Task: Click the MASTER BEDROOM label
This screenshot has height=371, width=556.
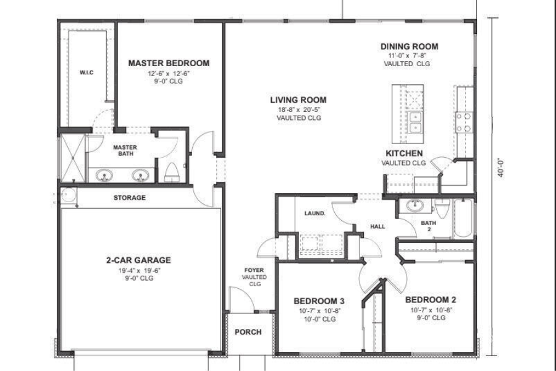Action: [169, 63]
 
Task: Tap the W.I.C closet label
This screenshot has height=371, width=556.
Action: [86, 73]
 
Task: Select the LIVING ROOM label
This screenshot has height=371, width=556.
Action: [298, 100]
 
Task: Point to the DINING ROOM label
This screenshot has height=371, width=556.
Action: [409, 46]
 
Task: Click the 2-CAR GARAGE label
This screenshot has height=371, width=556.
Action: [138, 260]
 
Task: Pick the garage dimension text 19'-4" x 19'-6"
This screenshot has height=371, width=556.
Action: [140, 270]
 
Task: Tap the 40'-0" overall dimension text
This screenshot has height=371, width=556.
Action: [500, 168]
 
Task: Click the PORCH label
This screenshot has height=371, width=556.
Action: [248, 332]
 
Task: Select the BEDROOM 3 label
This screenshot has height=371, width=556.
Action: [319, 301]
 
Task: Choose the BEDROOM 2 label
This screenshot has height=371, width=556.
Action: [431, 300]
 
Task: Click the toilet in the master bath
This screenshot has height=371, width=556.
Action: [172, 172]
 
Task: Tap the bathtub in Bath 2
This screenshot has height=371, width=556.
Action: [463, 218]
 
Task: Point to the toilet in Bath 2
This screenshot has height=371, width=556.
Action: [442, 208]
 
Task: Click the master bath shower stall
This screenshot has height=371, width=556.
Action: [72, 157]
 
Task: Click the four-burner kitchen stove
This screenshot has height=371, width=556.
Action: [463, 122]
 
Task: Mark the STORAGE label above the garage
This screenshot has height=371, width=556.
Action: [130, 198]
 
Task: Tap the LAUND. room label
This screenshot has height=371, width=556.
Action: [314, 213]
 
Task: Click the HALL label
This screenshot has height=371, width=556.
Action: [377, 226]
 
